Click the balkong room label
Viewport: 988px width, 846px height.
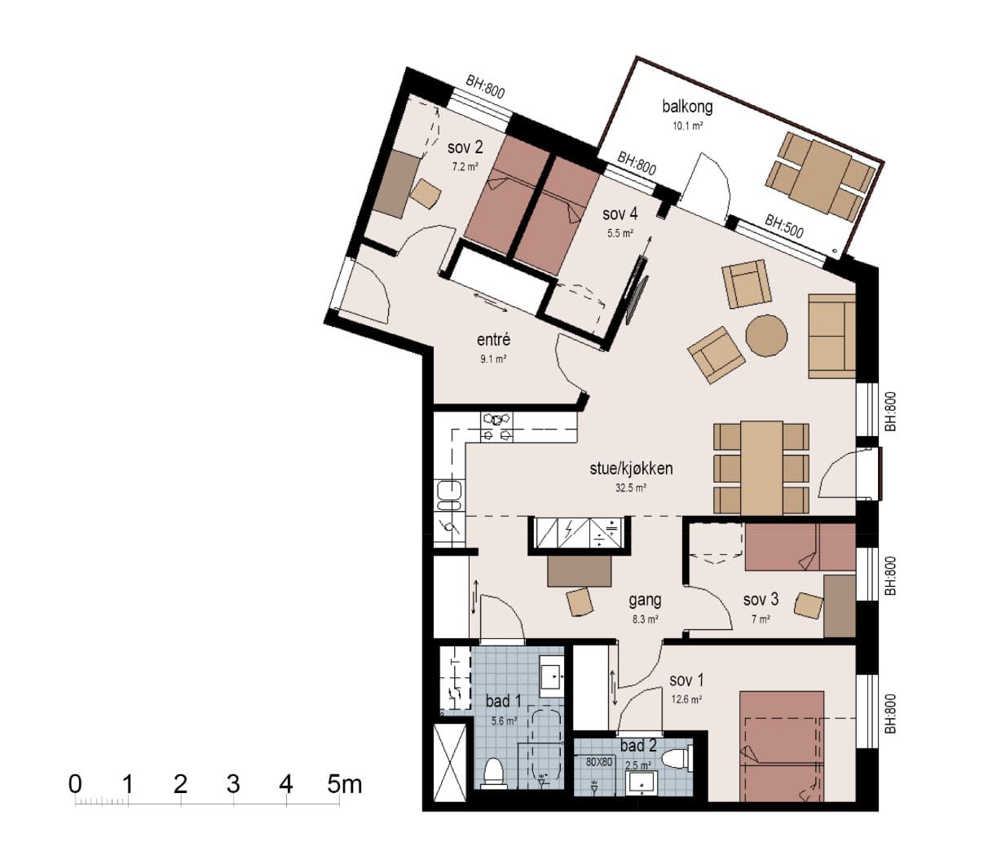tap(687, 107)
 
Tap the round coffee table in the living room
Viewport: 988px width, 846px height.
tap(766, 335)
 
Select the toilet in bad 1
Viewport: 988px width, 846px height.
tap(493, 773)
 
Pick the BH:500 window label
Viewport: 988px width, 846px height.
tap(784, 226)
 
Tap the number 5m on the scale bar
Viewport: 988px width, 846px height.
tap(344, 784)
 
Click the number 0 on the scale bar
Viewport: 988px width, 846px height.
tap(75, 784)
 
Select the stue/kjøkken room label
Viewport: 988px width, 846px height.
tap(631, 469)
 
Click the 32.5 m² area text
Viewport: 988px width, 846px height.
tap(631, 488)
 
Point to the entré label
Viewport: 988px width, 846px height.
tap(493, 340)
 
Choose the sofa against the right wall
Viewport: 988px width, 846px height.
tap(831, 336)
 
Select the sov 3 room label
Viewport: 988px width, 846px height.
tap(761, 599)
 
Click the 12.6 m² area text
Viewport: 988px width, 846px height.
tap(686, 699)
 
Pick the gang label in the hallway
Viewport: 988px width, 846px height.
tap(645, 600)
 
